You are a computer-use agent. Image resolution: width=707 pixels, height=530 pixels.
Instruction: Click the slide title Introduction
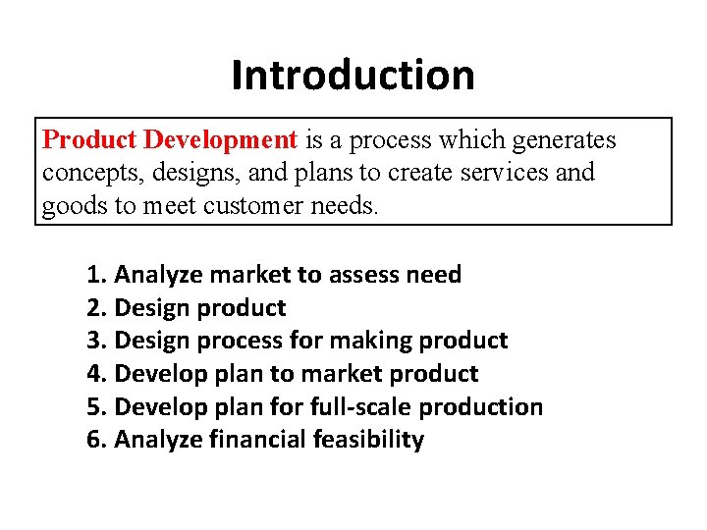point(353,75)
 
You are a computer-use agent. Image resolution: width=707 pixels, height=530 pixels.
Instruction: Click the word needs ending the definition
point(349,206)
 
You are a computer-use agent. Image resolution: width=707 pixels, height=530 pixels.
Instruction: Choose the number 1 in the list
point(94,275)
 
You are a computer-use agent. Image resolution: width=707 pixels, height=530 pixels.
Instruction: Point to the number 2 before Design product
point(94,308)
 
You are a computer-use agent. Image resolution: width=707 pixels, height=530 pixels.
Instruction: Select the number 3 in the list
point(94,341)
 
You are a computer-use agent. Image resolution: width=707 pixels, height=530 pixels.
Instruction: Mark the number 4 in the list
point(94,374)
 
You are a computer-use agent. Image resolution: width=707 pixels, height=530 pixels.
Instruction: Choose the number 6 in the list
point(94,440)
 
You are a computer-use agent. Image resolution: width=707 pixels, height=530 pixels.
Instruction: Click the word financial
point(258,440)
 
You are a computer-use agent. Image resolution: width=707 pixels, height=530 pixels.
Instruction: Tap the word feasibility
point(368,440)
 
